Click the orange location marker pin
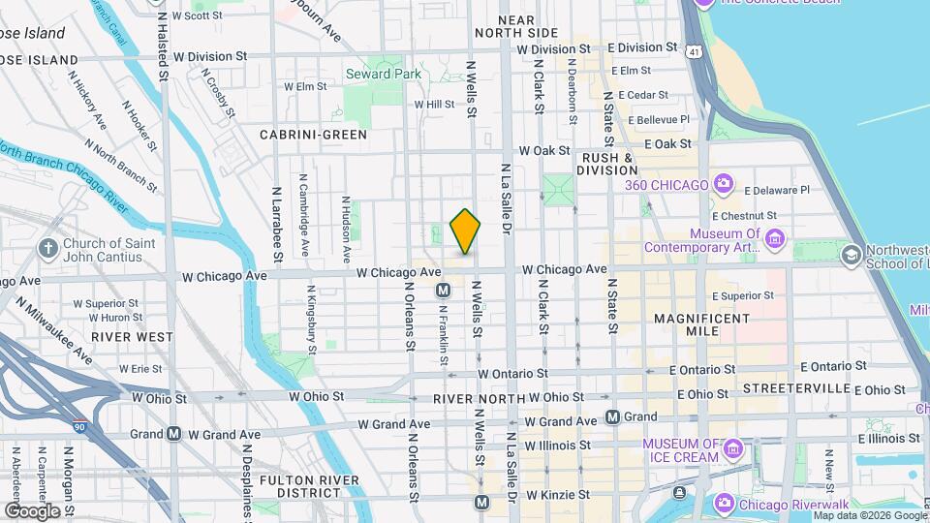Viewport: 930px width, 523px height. pos(465,231)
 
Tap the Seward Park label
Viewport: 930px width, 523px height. pos(385,74)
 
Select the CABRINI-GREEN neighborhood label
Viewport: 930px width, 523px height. pos(313,135)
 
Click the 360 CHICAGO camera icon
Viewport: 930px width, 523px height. pos(723,184)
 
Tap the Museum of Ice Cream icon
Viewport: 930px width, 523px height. pos(733,449)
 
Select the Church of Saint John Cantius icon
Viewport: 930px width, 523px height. pos(46,249)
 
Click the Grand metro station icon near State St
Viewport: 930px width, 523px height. pos(612,417)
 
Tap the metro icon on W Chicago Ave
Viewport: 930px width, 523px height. pos(443,290)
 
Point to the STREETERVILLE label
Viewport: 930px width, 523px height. pos(794,388)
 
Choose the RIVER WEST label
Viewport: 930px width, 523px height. pos(133,336)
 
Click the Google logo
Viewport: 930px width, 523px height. pos(32,510)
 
